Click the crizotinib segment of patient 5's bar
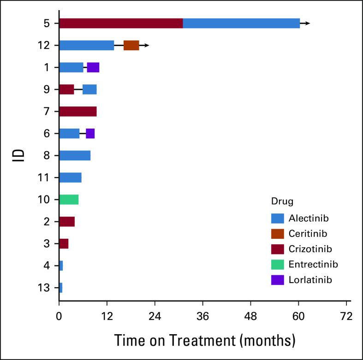pyautogui.click(x=121, y=23)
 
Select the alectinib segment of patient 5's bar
pyautogui.click(x=241, y=23)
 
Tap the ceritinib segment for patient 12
pyautogui.click(x=131, y=45)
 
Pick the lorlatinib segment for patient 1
pyautogui.click(x=93, y=67)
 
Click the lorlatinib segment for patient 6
pyautogui.click(x=90, y=134)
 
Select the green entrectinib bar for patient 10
pyautogui.click(x=69, y=200)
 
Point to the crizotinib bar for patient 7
pyautogui.click(x=77, y=112)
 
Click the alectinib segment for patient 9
pyautogui.click(x=89, y=89)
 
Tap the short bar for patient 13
pyautogui.click(x=60, y=288)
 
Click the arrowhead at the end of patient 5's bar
pyautogui.click(x=308, y=23)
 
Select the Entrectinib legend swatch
pyautogui.click(x=278, y=264)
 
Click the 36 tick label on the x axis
pyautogui.click(x=202, y=317)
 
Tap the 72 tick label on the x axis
pyautogui.click(x=346, y=317)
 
